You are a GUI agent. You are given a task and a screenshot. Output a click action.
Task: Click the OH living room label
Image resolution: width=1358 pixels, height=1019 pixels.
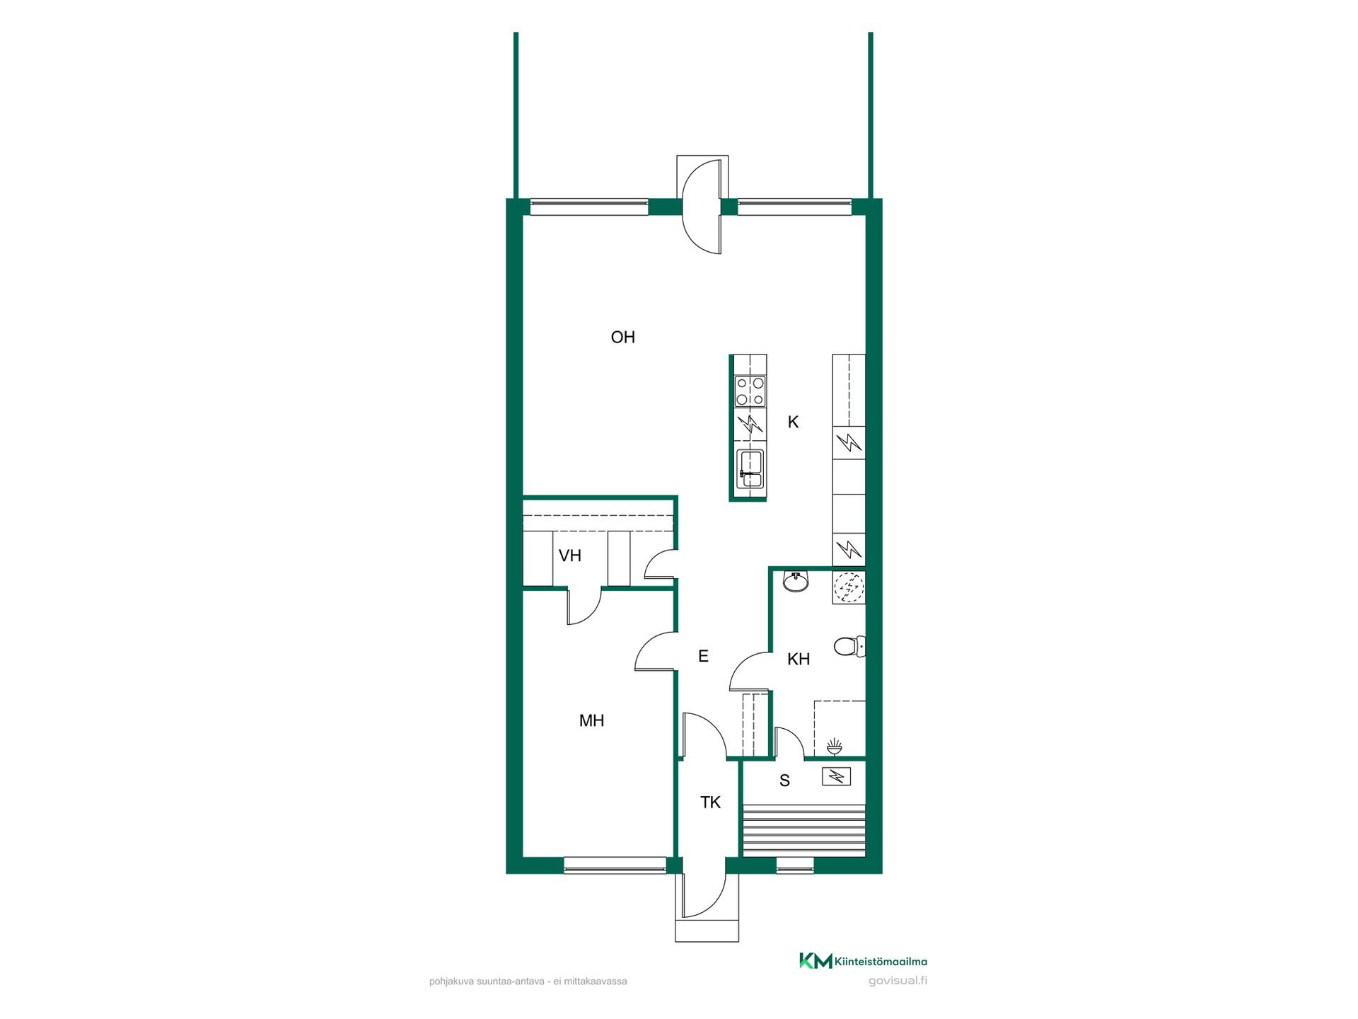click(x=622, y=338)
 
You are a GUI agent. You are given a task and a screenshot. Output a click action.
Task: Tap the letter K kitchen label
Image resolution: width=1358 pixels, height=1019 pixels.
click(x=793, y=422)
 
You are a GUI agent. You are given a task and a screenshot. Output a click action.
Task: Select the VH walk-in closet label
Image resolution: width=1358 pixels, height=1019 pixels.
click(x=570, y=555)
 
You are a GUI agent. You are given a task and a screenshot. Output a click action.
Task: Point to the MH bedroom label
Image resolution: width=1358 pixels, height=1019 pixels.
click(x=591, y=721)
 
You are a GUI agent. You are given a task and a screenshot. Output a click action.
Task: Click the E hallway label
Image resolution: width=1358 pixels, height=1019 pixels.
click(x=703, y=656)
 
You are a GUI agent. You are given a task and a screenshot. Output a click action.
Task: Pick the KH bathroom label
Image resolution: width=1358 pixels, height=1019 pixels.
click(x=799, y=660)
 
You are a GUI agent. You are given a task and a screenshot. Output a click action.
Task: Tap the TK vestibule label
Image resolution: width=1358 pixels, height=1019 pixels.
click(x=710, y=802)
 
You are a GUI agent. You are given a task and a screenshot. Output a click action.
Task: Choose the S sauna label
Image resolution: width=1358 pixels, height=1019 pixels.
click(x=784, y=781)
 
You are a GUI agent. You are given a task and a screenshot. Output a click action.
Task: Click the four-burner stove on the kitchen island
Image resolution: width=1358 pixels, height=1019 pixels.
click(x=750, y=391)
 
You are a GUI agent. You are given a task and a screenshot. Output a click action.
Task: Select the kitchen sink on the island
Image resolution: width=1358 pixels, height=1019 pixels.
click(x=750, y=469)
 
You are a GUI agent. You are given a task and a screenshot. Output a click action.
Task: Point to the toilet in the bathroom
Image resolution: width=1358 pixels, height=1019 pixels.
click(x=849, y=646)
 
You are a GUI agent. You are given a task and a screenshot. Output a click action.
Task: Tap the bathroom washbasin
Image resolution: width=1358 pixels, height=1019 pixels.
click(x=796, y=581)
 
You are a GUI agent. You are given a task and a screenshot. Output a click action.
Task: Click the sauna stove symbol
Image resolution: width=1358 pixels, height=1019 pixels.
click(x=836, y=777)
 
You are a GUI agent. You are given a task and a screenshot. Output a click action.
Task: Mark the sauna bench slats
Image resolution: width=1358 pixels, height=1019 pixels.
click(x=804, y=831)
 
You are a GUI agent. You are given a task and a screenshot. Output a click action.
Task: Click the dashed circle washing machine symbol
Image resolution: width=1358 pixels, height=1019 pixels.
click(x=849, y=587)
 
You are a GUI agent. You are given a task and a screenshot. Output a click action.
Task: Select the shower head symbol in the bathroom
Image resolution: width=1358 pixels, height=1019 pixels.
click(x=835, y=746)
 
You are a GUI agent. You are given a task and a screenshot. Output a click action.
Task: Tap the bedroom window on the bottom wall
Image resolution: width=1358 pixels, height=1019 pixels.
click(x=615, y=865)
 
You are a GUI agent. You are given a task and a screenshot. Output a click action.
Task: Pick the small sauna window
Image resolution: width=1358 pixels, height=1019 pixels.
click(x=795, y=865)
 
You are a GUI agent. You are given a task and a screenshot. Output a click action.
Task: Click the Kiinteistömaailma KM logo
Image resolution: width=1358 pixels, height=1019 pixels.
click(x=863, y=961)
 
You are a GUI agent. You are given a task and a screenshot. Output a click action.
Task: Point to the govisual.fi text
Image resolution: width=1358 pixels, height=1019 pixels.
click(x=898, y=981)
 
